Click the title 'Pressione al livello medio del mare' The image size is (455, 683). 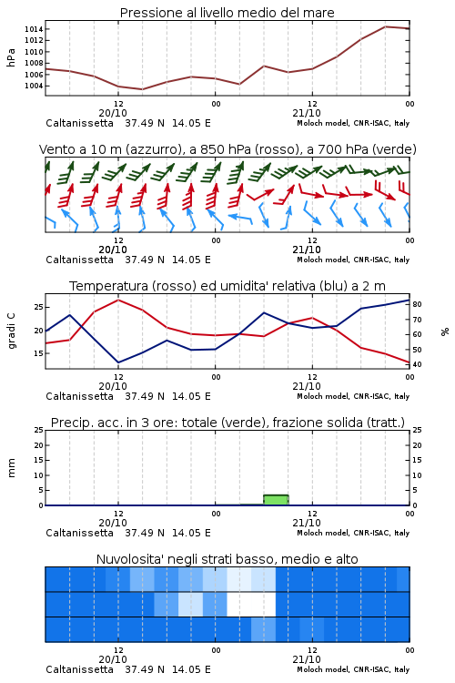(227, 13)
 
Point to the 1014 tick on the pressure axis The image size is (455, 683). (34, 29)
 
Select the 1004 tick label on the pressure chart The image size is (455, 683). (34, 86)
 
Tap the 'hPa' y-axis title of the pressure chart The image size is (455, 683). (11, 57)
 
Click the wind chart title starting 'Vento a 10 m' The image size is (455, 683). (227, 149)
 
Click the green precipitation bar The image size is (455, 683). (276, 500)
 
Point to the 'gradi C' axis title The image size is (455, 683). (12, 331)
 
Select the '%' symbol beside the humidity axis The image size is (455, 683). (445, 331)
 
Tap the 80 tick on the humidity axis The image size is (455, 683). (417, 304)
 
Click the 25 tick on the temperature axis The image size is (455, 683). (39, 307)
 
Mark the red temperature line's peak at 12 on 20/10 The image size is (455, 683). (118, 300)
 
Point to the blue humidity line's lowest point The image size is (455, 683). (118, 362)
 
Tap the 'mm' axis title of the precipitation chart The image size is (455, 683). (11, 468)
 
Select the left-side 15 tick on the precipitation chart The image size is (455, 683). (39, 460)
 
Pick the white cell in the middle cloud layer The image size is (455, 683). (251, 604)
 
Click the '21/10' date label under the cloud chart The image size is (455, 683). (307, 659)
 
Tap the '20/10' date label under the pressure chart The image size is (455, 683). (113, 113)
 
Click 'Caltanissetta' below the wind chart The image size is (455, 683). (80, 260)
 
